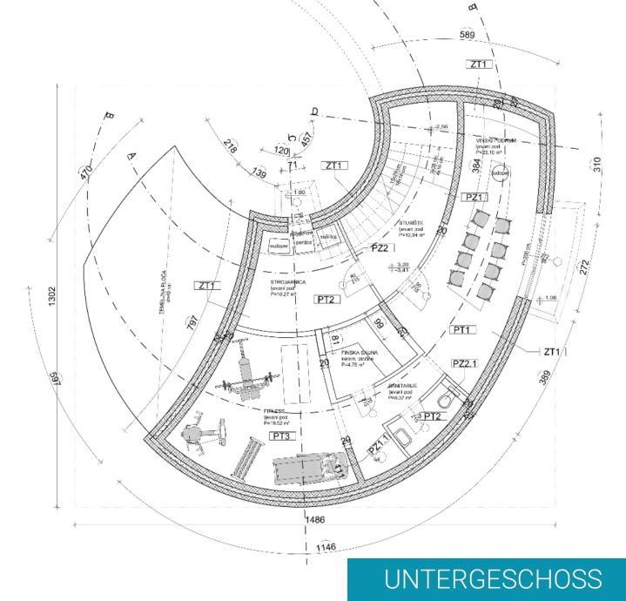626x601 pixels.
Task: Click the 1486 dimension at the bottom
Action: click(318, 519)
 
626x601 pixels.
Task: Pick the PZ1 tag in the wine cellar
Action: click(475, 198)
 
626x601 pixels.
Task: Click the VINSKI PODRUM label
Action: click(495, 140)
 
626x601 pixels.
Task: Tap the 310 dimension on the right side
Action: click(598, 166)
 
